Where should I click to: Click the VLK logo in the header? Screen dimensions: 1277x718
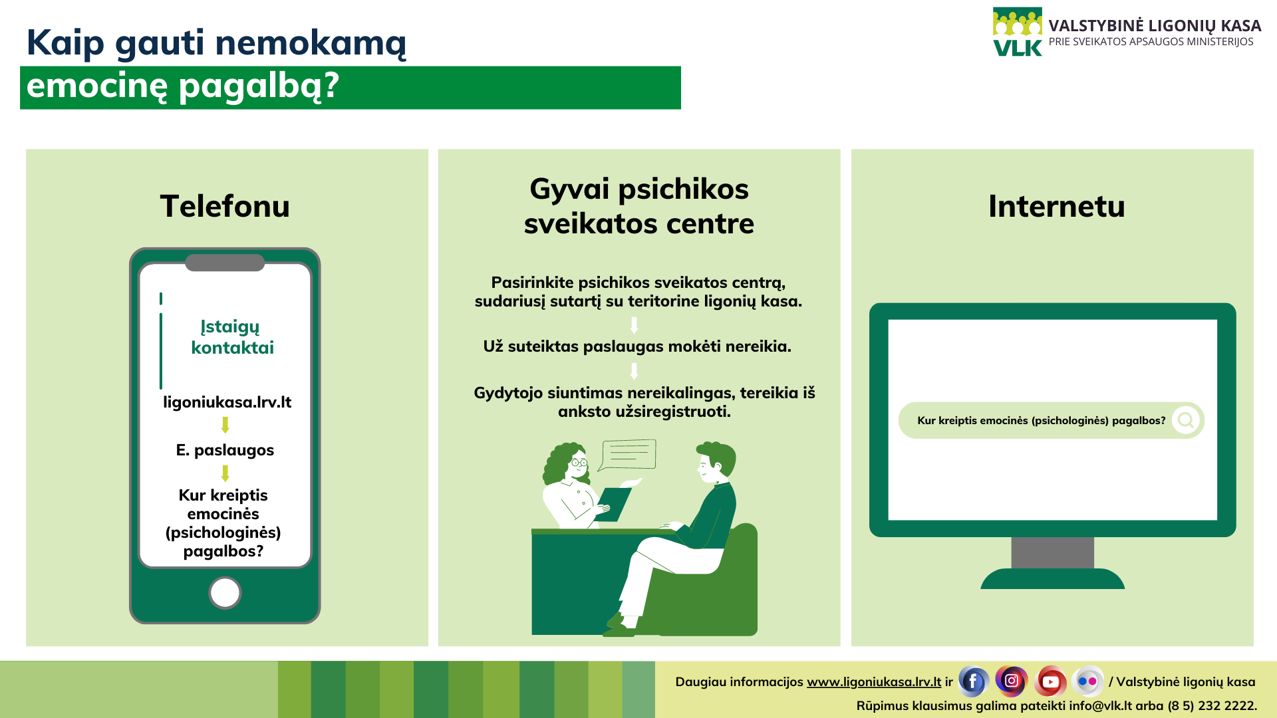[x=1018, y=32]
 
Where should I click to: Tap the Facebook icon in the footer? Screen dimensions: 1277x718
[x=973, y=681]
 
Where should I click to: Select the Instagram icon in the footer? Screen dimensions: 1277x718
[x=1012, y=681]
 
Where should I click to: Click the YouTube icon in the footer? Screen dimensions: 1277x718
[x=1050, y=681]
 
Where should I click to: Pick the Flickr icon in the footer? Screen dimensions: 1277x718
[x=1087, y=681]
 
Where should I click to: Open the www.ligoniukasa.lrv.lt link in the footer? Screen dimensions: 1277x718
[x=874, y=682]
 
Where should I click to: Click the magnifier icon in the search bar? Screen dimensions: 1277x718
[x=1186, y=420]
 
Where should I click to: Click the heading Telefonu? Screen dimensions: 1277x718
[x=225, y=206]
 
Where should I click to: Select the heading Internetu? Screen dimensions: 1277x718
[x=1057, y=206]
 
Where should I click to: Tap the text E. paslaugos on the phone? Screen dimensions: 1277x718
[x=225, y=451]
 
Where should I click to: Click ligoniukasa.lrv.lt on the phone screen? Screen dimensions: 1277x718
[x=227, y=402]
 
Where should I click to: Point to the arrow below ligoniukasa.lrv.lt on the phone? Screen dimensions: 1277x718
[x=225, y=425]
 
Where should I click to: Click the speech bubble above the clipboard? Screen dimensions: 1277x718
[x=627, y=455]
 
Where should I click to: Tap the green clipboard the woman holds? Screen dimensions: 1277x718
[x=614, y=504]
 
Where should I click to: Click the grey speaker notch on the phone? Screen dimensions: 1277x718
[x=225, y=263]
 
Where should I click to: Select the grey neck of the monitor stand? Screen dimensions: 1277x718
[x=1053, y=552]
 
